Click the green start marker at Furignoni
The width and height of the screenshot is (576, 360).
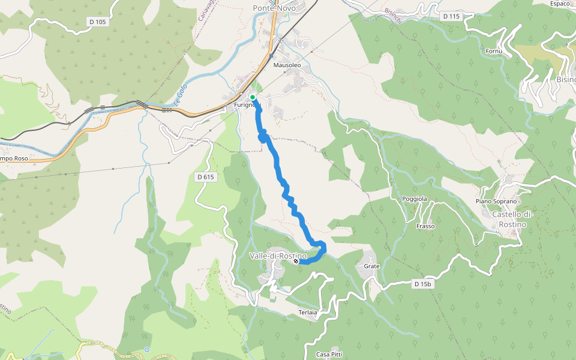253,97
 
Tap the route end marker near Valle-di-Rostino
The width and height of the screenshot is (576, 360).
296,261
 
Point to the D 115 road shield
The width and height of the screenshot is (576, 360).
450,16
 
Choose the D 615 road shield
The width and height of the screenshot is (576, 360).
205,177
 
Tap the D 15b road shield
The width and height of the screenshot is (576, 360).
423,284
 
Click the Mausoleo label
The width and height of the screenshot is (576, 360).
286,64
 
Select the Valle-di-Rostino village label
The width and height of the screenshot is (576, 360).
278,256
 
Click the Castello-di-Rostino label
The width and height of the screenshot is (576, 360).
509,220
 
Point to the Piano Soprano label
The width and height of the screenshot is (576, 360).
496,201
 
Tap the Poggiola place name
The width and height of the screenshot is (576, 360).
414,199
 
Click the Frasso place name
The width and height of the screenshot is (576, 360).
425,226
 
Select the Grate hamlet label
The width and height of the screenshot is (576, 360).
372,266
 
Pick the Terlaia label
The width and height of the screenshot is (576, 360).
307,313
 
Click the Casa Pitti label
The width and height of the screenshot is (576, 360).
329,355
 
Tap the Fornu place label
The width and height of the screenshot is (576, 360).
494,52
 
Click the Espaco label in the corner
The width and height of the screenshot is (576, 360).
559,4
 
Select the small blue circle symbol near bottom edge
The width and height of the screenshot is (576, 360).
147,350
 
